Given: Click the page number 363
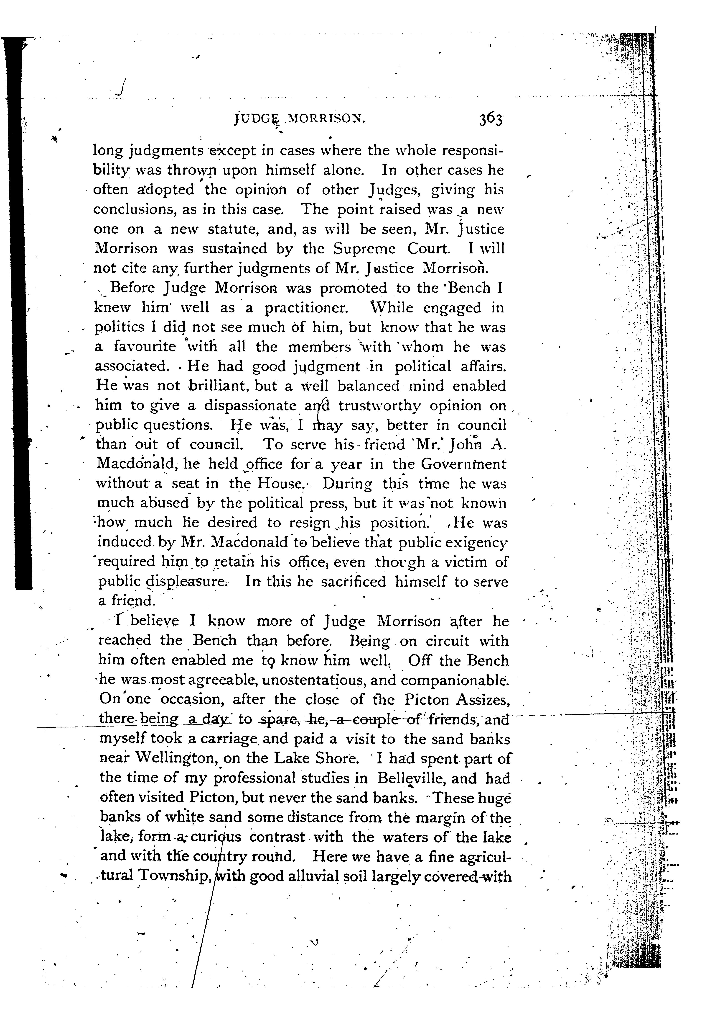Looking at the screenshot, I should (490, 120).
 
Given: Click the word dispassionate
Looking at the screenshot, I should (250, 406).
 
